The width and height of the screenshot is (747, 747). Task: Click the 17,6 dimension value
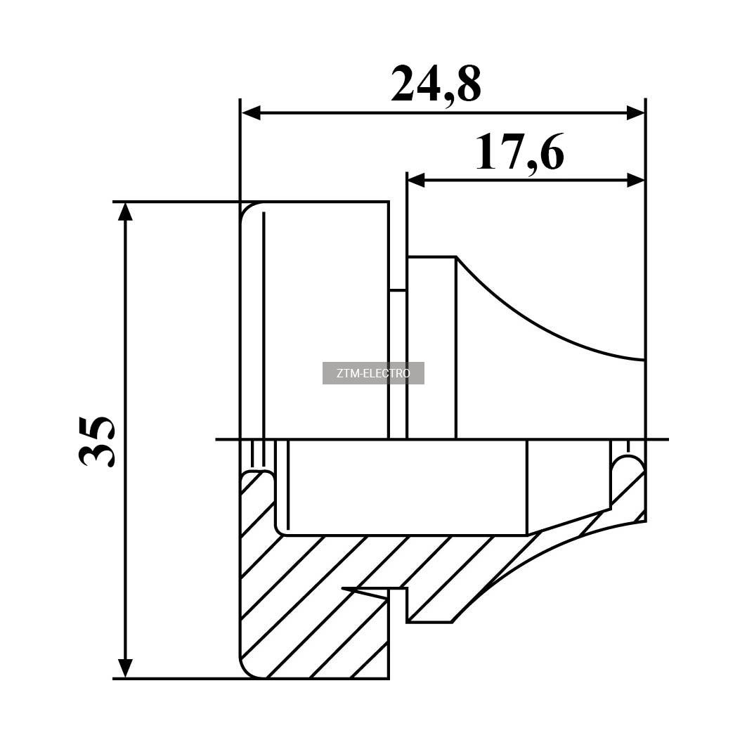pyautogui.click(x=520, y=152)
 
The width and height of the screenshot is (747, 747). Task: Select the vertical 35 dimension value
pyautogui.click(x=96, y=441)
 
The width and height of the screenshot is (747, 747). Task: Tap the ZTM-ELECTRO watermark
pyautogui.click(x=373, y=373)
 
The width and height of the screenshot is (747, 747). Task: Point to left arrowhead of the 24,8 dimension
pyautogui.click(x=251, y=113)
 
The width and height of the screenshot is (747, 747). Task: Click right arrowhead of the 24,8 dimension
pyautogui.click(x=635, y=113)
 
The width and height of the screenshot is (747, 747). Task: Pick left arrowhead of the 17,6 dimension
pyautogui.click(x=417, y=180)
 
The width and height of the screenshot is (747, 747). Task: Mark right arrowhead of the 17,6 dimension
pyautogui.click(x=635, y=180)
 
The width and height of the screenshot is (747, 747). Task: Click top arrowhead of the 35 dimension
pyautogui.click(x=125, y=212)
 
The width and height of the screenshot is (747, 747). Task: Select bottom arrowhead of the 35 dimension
pyautogui.click(x=125, y=668)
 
